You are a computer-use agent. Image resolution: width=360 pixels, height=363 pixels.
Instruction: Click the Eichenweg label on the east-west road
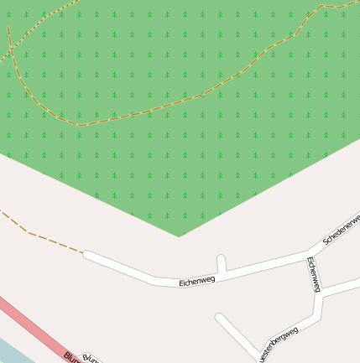[x=197, y=281]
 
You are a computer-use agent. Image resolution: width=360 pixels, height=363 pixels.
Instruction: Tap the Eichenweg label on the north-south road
[x=314, y=274]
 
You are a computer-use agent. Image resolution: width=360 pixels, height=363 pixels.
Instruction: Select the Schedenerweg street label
[x=341, y=228]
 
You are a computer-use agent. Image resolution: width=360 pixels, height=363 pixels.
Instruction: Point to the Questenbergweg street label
[x=279, y=344]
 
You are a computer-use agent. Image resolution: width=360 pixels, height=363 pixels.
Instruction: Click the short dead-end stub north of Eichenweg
[x=222, y=262]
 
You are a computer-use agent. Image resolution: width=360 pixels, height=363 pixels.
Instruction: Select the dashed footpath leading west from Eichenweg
[x=42, y=237]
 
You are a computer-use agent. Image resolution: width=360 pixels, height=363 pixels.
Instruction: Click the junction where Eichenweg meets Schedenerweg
[x=309, y=252]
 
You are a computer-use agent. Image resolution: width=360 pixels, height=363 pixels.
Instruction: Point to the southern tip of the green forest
[x=179, y=236]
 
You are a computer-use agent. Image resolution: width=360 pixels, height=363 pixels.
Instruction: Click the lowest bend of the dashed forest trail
[x=80, y=126]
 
